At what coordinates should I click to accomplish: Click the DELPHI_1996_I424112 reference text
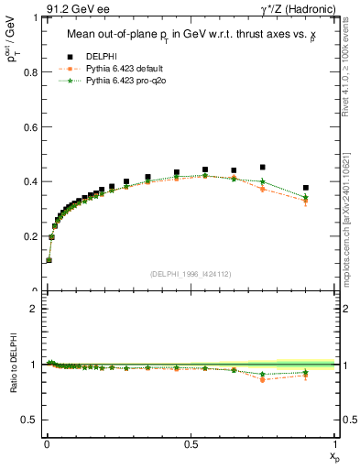(191, 274)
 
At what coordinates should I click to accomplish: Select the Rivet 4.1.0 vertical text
(345, 73)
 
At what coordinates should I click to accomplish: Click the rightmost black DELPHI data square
(306, 188)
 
